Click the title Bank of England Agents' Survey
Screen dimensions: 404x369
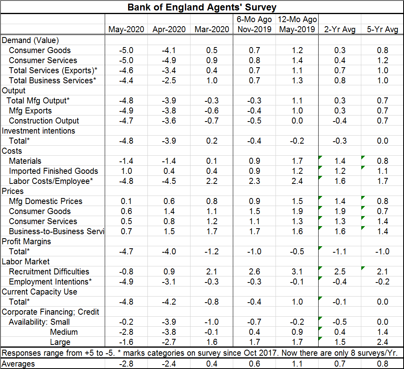click(202, 7)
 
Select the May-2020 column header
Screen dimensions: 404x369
click(126, 29)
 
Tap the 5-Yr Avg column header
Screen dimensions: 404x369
click(383, 29)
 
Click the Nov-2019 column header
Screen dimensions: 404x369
click(254, 29)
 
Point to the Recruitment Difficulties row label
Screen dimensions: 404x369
click(49, 272)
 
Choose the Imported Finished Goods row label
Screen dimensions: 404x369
click(53, 171)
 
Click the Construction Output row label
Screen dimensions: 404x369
click(44, 121)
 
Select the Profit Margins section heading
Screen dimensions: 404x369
click(26, 241)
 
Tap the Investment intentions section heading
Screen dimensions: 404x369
click(38, 131)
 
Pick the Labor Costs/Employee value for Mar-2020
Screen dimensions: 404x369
click(212, 181)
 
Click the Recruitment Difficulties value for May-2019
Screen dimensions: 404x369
click(297, 272)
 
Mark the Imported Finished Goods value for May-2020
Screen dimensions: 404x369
click(126, 171)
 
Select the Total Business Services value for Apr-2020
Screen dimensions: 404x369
click(169, 80)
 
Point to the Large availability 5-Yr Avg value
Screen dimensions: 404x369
click(383, 342)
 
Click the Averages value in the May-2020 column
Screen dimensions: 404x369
click(126, 364)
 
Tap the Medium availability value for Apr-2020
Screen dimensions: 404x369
click(169, 332)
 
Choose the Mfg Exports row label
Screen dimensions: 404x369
click(30, 111)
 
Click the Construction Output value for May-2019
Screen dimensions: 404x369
click(297, 121)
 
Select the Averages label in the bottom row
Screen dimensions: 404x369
click(18, 364)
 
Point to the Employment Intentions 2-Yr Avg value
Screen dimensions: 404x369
click(340, 282)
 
